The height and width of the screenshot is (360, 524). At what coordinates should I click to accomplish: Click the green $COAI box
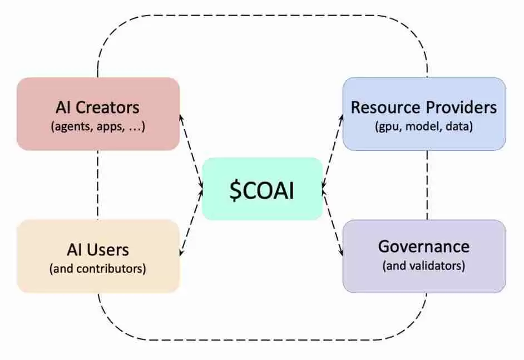coord(263,189)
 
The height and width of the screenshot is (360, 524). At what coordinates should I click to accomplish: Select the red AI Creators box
coord(98,114)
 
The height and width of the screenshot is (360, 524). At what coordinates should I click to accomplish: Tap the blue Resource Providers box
coord(424,114)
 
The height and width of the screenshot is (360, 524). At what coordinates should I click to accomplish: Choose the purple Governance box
coord(424,257)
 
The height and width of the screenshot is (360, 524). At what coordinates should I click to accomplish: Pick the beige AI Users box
coord(98,257)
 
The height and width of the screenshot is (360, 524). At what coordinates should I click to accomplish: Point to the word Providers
coord(461,107)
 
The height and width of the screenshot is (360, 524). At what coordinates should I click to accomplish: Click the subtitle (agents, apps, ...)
coord(98,127)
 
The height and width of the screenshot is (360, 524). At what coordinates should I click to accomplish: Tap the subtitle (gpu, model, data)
coord(424,127)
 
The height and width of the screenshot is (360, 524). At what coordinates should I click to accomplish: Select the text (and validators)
coord(424,266)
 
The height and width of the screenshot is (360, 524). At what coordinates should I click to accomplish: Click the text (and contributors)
coord(97,269)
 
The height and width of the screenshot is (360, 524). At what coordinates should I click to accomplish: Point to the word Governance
coord(424,246)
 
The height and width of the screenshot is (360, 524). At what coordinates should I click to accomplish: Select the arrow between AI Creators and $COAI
coord(191,151)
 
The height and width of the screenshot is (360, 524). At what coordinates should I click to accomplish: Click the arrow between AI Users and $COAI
coord(191,223)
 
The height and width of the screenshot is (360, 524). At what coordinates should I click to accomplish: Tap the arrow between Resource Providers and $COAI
coord(333,151)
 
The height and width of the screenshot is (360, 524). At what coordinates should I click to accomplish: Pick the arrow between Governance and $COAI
coord(333,223)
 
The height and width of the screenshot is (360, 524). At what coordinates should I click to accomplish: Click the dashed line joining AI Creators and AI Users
coord(97,185)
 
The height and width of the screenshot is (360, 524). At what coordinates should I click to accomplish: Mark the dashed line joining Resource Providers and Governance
coord(427,185)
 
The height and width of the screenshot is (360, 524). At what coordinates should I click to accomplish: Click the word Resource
coord(385,107)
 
